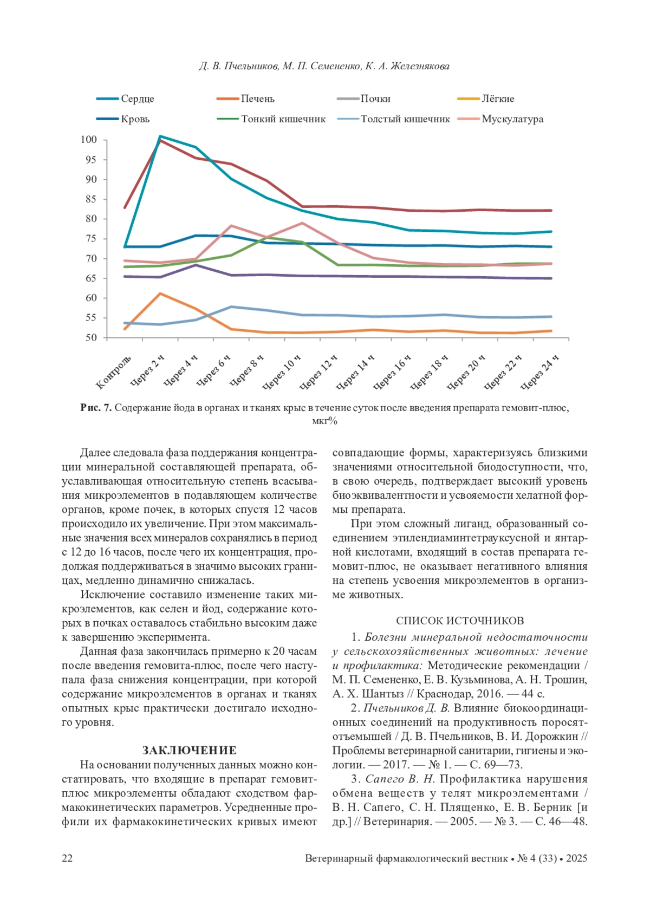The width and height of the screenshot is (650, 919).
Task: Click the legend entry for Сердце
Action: pos(137,99)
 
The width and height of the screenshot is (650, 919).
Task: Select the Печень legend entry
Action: pos(257,99)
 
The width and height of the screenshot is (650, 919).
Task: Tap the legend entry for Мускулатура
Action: pos(512,119)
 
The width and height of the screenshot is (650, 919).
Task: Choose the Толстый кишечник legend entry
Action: pos(405,119)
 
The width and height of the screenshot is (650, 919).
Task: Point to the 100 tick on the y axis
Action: pos(89,140)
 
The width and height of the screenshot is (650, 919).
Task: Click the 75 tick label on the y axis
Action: pos(90,239)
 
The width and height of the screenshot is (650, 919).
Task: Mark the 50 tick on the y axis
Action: pos(90,338)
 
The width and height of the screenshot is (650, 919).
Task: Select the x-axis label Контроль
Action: pos(114,373)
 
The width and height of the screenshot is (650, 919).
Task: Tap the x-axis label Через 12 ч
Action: pos(318,373)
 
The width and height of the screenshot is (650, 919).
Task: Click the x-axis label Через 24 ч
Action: pos(539,373)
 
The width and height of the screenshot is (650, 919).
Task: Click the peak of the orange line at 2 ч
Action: pos(160,294)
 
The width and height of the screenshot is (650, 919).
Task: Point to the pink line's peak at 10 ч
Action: pos(302,223)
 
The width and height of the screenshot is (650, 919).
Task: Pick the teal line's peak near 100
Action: pos(160,136)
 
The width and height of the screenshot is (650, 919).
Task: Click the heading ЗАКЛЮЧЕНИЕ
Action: pos(189,751)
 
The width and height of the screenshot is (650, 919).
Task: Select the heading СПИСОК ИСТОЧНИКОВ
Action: pos(460,621)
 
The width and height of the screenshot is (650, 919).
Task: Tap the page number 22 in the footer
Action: pos(67,858)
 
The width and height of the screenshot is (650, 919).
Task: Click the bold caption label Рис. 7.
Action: pos(96,408)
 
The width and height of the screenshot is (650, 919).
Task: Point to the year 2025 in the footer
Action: pos(576,858)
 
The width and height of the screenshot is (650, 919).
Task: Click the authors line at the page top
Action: pos(324,67)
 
